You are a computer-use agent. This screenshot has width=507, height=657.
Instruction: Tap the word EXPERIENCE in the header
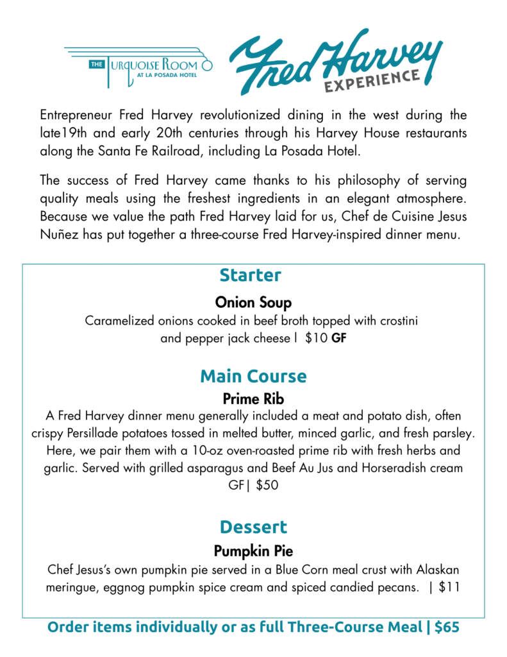click(x=372, y=81)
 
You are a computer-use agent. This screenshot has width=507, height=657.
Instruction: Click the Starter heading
click(x=250, y=275)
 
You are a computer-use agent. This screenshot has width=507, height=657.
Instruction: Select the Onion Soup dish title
click(x=253, y=302)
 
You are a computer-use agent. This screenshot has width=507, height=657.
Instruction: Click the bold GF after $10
click(x=338, y=338)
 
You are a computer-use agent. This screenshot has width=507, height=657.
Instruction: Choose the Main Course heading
click(x=253, y=375)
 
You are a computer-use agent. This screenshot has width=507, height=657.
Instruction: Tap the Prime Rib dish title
click(x=253, y=399)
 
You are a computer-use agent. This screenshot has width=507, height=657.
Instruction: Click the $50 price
click(x=267, y=486)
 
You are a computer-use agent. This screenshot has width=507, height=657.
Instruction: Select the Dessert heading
click(x=253, y=527)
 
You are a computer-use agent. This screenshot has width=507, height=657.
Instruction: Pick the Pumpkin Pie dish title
click(x=253, y=550)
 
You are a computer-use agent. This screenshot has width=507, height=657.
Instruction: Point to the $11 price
click(x=449, y=587)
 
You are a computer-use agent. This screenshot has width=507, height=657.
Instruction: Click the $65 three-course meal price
click(x=447, y=627)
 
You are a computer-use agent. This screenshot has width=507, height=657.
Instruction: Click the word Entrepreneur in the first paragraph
click(x=76, y=115)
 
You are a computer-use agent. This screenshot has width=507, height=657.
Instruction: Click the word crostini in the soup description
click(x=397, y=320)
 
